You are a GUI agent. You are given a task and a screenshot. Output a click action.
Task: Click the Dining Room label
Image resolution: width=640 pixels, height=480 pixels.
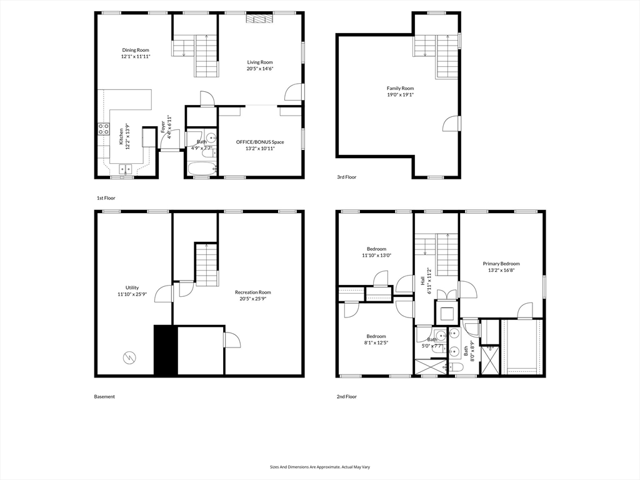(x=136, y=49)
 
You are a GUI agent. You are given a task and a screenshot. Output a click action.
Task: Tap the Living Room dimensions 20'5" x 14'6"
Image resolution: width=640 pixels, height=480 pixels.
(x=260, y=69)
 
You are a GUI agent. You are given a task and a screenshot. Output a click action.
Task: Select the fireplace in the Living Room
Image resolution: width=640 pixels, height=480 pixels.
(x=259, y=19)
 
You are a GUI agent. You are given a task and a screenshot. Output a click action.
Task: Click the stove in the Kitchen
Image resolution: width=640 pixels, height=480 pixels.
(x=103, y=130)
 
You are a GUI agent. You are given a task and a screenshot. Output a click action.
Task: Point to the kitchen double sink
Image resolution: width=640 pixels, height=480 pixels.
(x=126, y=169)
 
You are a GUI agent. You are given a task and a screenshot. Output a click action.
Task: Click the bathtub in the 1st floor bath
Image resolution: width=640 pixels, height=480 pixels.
(x=201, y=167)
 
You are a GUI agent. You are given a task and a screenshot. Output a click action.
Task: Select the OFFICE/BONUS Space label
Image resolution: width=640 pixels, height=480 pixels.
(x=259, y=142)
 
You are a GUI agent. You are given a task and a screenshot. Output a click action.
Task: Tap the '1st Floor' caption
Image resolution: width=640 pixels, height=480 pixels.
(x=106, y=197)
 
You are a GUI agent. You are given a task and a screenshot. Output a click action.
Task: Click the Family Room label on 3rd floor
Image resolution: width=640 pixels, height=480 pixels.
(x=400, y=88)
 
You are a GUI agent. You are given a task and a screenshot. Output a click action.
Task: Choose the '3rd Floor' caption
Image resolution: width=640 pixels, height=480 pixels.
(x=346, y=177)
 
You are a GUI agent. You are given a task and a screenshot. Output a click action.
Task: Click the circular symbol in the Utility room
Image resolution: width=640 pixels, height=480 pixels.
(x=129, y=357)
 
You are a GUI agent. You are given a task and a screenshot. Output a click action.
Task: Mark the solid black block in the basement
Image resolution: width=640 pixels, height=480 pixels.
(x=166, y=350)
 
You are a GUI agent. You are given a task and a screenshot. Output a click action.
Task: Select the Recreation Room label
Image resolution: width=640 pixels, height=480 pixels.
(x=252, y=292)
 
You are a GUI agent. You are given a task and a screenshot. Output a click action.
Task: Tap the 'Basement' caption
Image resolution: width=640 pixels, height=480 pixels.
(x=104, y=396)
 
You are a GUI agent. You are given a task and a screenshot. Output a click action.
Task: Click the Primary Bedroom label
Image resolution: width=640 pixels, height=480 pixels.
(x=501, y=264)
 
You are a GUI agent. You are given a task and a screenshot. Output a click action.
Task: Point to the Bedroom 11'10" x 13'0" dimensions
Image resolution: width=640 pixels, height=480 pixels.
(x=376, y=255)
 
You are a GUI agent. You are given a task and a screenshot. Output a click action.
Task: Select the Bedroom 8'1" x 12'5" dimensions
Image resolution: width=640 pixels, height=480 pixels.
(x=376, y=342)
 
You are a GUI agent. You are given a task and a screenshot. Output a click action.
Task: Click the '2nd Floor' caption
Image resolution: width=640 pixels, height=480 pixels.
(x=346, y=396)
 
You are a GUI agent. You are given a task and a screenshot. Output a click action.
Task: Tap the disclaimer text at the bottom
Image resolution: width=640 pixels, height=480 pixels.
(x=320, y=467)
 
